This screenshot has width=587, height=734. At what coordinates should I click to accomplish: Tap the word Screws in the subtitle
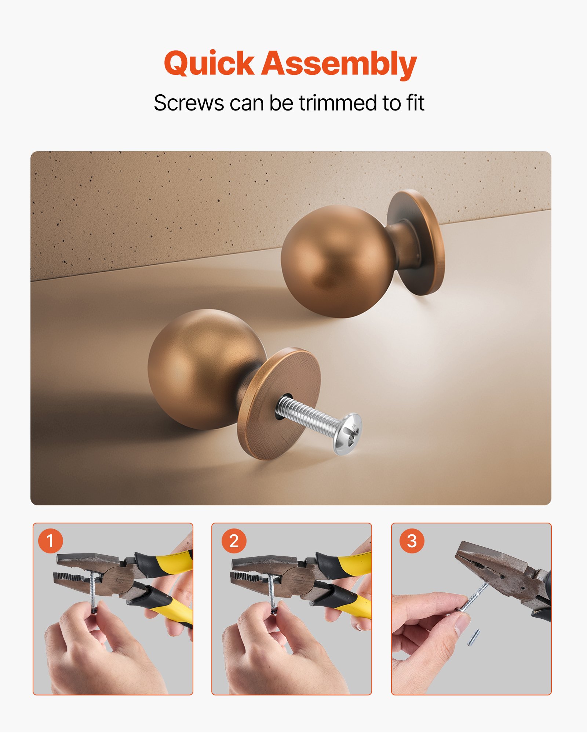pyautogui.click(x=189, y=103)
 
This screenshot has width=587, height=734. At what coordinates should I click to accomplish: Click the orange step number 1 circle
pyautogui.click(x=50, y=541)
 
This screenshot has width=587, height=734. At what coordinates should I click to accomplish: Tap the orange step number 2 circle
pyautogui.click(x=234, y=541)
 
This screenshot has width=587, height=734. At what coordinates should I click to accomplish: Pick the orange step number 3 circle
pyautogui.click(x=412, y=541)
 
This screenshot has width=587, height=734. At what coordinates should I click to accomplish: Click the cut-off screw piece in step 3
pyautogui.click(x=474, y=637)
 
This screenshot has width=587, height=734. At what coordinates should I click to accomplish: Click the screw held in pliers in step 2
pyautogui.click(x=271, y=591)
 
